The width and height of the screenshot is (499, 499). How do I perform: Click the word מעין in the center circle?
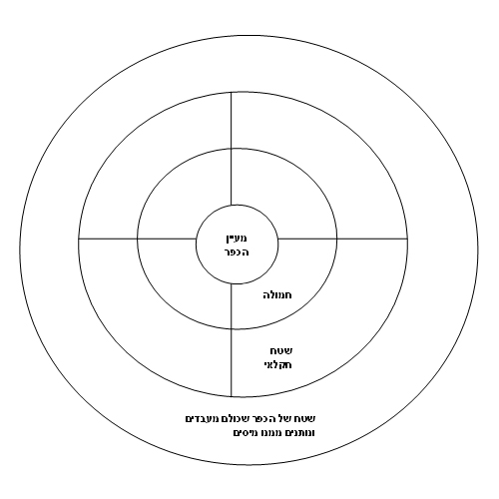click(x=237, y=239)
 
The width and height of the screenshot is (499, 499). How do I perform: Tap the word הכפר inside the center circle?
click(x=237, y=252)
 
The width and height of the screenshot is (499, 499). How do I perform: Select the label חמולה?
click(x=277, y=295)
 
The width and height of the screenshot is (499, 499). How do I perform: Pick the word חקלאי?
click(x=277, y=365)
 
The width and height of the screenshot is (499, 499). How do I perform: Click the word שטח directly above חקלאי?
click(x=281, y=351)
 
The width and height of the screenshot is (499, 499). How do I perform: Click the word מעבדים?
click(x=200, y=419)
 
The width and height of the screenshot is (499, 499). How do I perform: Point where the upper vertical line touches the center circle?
click(x=232, y=206)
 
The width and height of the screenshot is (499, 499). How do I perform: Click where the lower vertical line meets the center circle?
click(x=232, y=283)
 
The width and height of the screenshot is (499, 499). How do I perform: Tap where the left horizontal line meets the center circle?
click(x=196, y=239)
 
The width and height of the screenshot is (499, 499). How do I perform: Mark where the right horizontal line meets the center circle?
click(x=277, y=239)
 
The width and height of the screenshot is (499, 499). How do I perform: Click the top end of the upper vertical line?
click(x=232, y=92)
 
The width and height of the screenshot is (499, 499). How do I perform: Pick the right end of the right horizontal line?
click(x=407, y=239)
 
